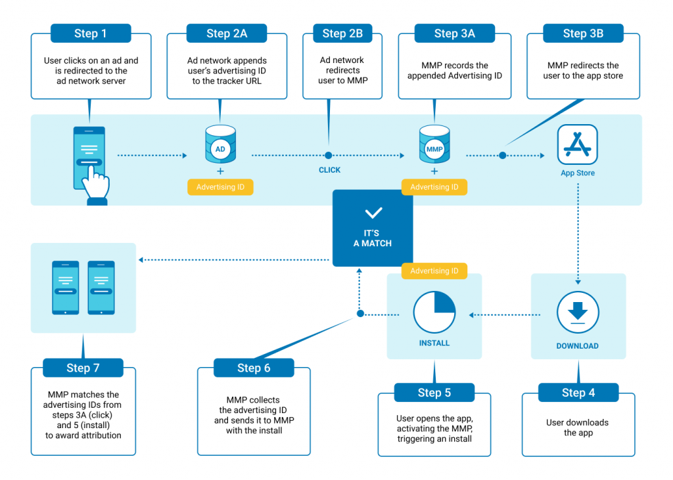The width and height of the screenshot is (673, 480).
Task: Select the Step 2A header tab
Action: [x=227, y=33]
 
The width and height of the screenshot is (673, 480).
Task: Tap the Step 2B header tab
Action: [x=342, y=33]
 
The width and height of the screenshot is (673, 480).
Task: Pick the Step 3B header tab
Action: [x=583, y=33]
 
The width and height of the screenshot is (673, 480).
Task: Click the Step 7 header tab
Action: [x=83, y=368]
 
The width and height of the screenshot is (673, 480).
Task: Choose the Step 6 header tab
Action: [x=254, y=368]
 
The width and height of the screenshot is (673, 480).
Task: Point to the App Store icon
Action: [x=577, y=144]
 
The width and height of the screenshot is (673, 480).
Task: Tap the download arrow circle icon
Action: [x=578, y=312]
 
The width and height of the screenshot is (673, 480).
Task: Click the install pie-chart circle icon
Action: [x=434, y=313]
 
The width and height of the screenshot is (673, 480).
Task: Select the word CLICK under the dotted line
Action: [x=329, y=170]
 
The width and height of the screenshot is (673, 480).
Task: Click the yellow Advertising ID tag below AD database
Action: [x=220, y=187]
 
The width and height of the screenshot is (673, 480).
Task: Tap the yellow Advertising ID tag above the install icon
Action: [x=434, y=271]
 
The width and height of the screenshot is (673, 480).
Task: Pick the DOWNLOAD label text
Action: [x=577, y=346]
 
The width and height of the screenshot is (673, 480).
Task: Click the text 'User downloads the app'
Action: [x=577, y=427]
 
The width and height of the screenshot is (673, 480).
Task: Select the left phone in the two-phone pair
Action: [x=65, y=287]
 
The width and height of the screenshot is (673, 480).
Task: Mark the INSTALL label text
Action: [x=434, y=343]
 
